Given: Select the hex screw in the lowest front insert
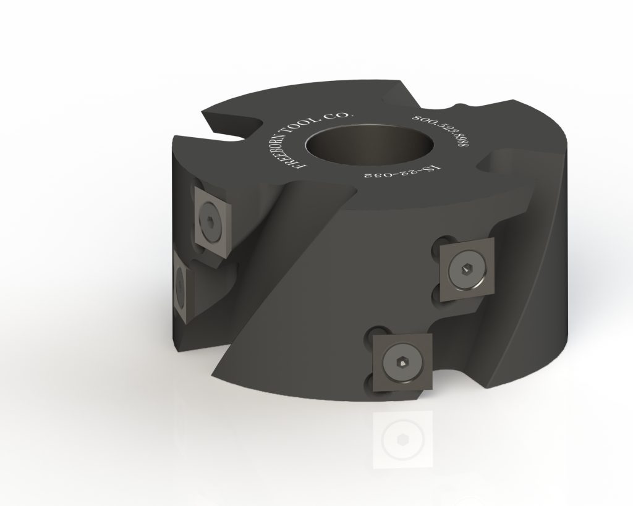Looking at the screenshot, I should point(396,360).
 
